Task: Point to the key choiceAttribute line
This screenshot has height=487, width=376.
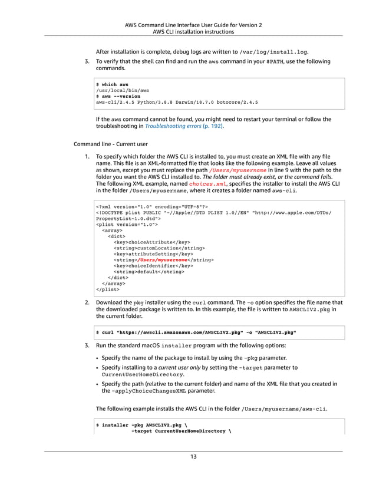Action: (151, 242)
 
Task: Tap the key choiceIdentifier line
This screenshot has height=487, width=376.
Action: (153, 265)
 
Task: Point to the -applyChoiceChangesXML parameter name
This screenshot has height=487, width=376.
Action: (140, 390)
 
